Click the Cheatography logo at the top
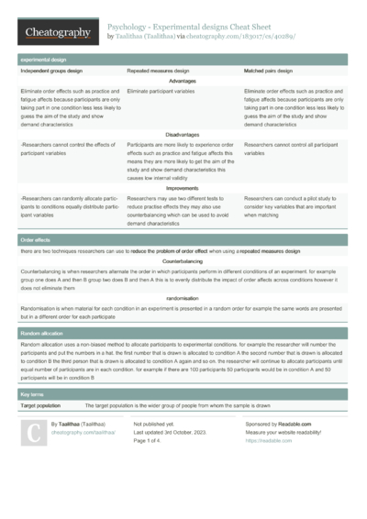(56, 32)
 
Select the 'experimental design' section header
(39, 60)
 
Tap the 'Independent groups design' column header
(52, 71)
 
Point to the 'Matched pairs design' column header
(268, 71)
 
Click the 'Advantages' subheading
(183, 82)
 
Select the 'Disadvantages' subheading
(183, 135)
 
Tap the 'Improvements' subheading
(183, 188)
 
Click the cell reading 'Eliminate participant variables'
(161, 93)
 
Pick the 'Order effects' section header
(36, 239)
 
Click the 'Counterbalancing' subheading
(183, 261)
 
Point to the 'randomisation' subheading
(183, 298)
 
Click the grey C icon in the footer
(33, 433)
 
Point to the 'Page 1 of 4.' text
(152, 441)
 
